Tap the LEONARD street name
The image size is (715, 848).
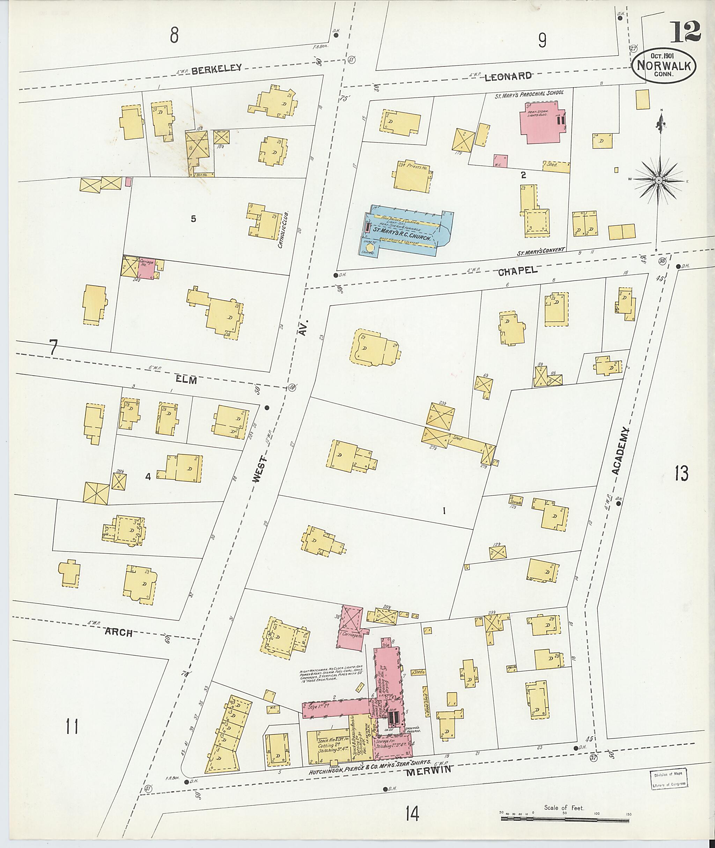[508, 76]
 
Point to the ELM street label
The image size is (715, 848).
[186, 380]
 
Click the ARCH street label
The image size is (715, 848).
[118, 632]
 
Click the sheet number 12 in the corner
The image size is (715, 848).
[685, 32]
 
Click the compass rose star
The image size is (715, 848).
[659, 179]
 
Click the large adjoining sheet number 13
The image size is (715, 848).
[681, 473]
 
